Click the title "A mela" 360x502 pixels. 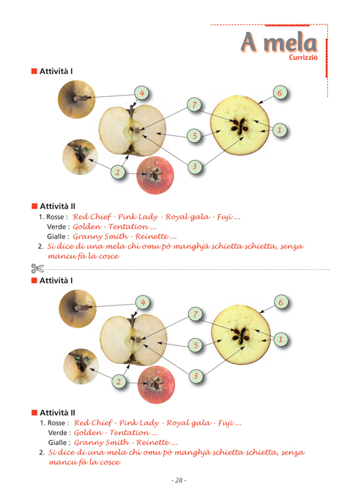pyautogui.click(x=279, y=42)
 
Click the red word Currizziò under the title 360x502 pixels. pyautogui.click(x=303, y=57)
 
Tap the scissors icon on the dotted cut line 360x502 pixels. pyautogui.click(x=37, y=268)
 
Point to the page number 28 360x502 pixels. pyautogui.click(x=179, y=480)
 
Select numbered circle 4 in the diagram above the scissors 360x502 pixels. pyautogui.click(x=142, y=93)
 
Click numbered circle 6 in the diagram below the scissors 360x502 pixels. pyautogui.click(x=281, y=302)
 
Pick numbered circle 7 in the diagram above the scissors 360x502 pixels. pyautogui.click(x=195, y=105)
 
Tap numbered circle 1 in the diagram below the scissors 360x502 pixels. pyautogui.click(x=281, y=339)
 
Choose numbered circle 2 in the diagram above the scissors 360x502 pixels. pyautogui.click(x=117, y=172)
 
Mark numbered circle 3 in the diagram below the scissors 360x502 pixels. pyautogui.click(x=195, y=376)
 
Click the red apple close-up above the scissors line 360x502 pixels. pyautogui.click(x=155, y=175)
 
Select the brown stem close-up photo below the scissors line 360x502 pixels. pyautogui.click(x=77, y=308)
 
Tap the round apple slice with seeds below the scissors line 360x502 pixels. pyautogui.click(x=241, y=335)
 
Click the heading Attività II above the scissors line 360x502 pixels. pyautogui.click(x=57, y=206)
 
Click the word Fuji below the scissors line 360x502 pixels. pyautogui.click(x=227, y=423)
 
